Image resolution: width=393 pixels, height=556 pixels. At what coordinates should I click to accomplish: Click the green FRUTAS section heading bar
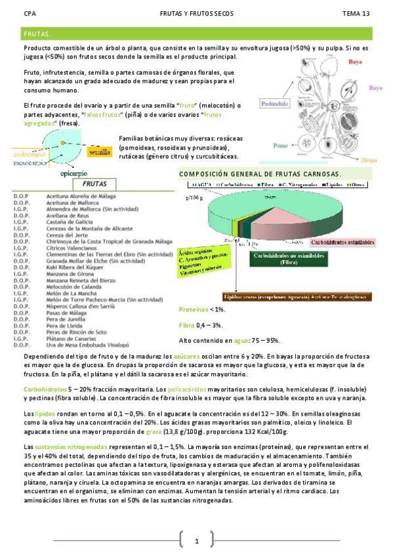[196, 33]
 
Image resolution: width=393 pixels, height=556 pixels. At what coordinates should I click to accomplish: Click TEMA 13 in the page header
[356, 13]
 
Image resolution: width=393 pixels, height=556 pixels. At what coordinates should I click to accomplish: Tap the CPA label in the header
[30, 13]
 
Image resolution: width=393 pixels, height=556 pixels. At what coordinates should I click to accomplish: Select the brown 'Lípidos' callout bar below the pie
[295, 296]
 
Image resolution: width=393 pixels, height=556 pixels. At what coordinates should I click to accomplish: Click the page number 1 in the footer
[196, 542]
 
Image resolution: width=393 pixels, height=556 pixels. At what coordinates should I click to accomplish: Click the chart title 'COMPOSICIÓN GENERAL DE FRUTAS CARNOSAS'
[259, 174]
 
